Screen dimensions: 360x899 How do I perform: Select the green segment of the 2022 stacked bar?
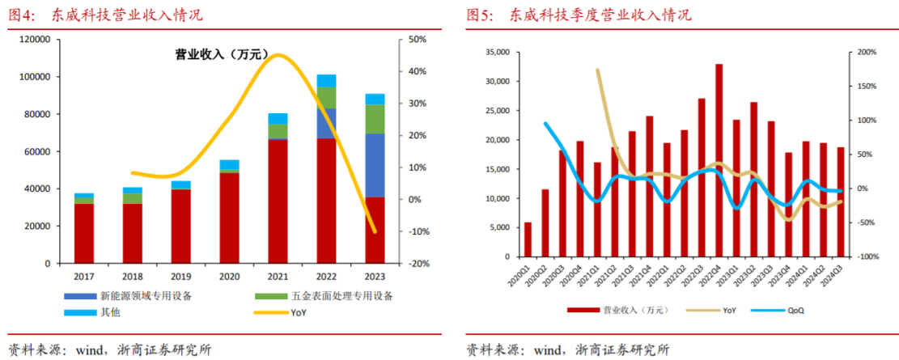point(326,97)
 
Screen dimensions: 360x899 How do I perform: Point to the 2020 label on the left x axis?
point(229,276)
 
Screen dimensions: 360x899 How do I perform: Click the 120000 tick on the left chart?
point(35,40)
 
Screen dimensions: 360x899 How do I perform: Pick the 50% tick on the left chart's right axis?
point(417,40)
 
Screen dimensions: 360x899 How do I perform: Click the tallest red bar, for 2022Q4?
point(719,159)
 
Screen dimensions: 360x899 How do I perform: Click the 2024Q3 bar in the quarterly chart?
point(839,201)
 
